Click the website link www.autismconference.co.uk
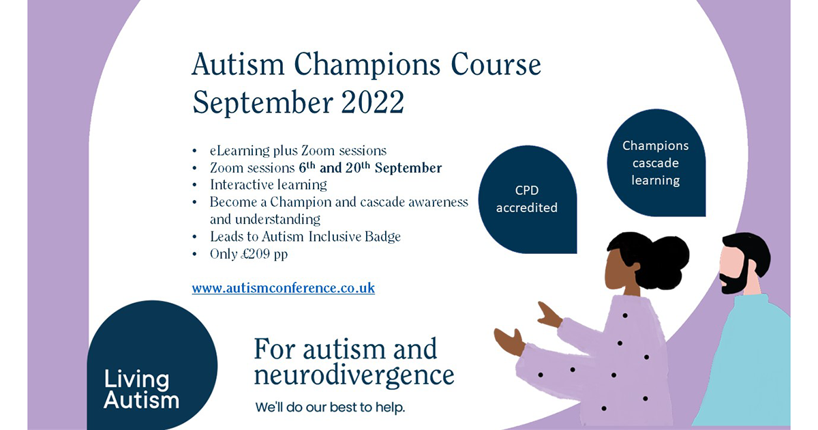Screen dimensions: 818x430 tap(284, 288)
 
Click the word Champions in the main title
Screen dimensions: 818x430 tap(367, 65)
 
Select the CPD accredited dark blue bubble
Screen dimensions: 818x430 tap(528, 199)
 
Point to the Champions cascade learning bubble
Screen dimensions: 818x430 tap(656, 162)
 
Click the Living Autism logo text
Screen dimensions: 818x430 tap(141, 389)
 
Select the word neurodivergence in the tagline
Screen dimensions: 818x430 tap(354, 376)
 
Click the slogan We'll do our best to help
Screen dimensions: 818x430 tap(330, 407)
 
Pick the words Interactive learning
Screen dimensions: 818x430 tap(269, 185)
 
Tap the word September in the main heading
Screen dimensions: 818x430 tap(262, 103)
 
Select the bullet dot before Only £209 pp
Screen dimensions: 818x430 tap(195, 254)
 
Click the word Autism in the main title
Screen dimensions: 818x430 tap(238, 65)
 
